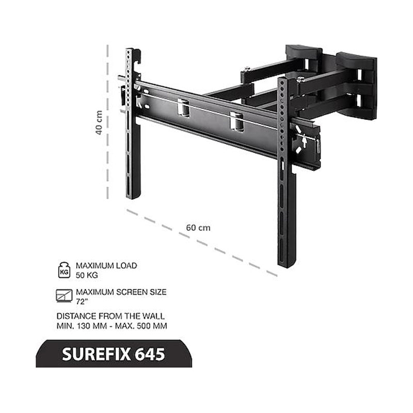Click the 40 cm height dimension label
[x=101, y=122]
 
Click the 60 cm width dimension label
[x=198, y=227]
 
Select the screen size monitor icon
[x=63, y=295]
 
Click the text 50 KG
[x=86, y=275]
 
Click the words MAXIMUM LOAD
[x=106, y=265]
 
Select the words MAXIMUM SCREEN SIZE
[x=121, y=292]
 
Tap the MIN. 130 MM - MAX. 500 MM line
[x=112, y=326]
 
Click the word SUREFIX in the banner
[x=96, y=354]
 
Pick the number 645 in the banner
[x=150, y=354]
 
